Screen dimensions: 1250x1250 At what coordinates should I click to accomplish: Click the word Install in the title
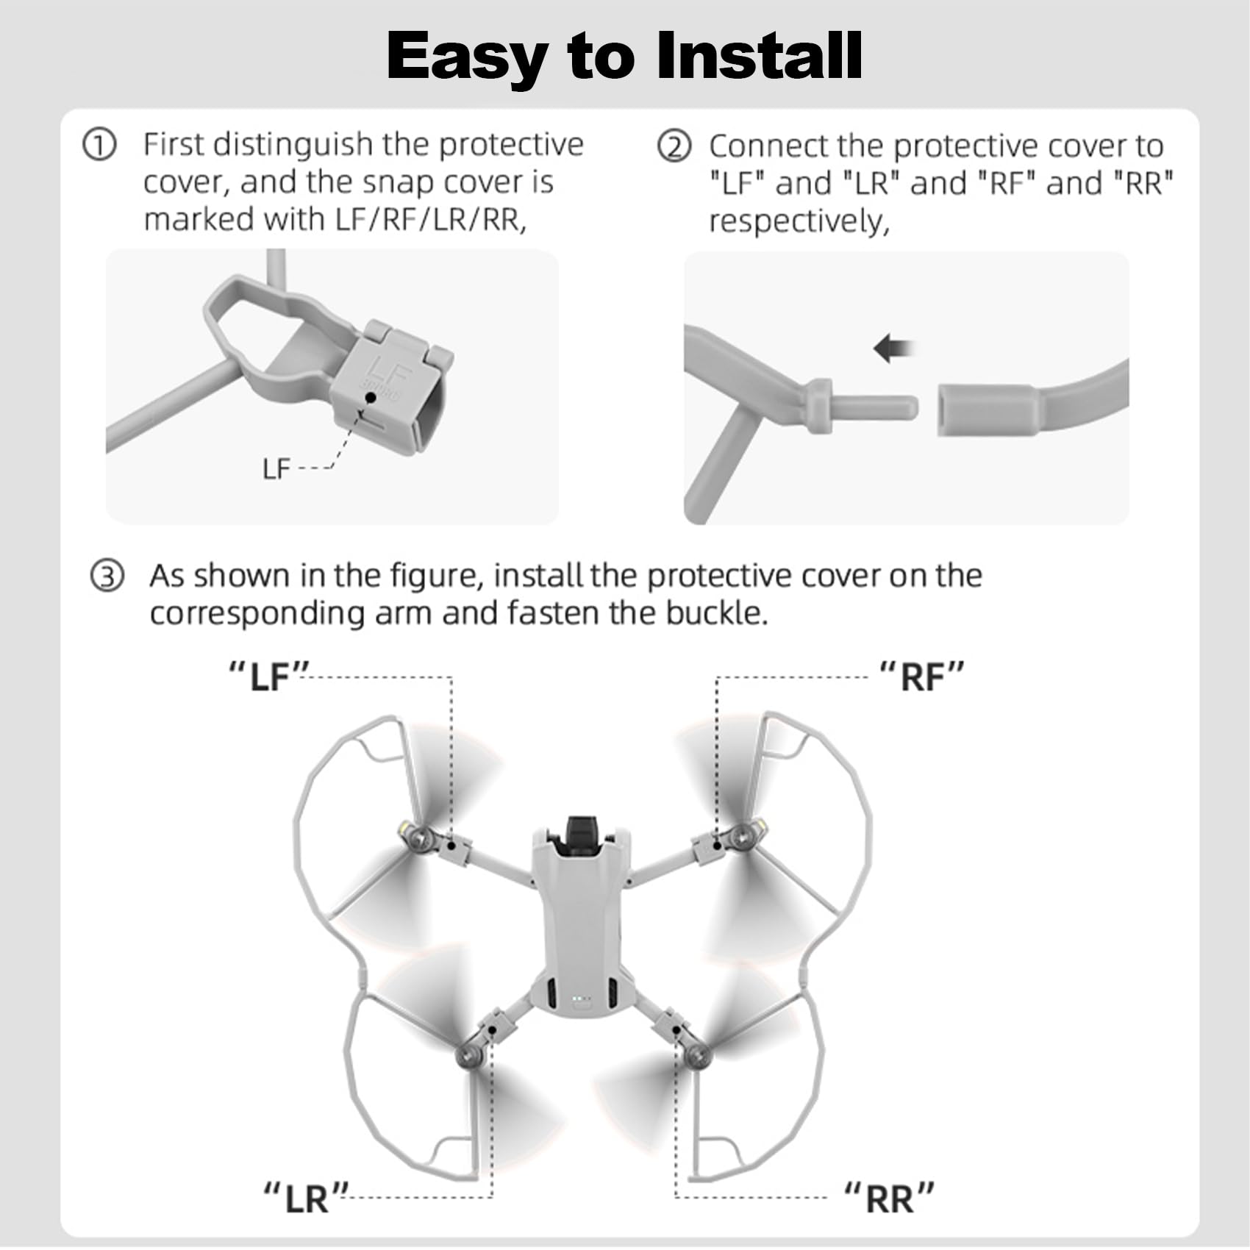(x=759, y=56)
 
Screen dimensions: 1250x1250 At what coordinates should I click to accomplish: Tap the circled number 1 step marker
(x=99, y=145)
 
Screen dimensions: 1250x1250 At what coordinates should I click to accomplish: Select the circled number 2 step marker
(x=674, y=146)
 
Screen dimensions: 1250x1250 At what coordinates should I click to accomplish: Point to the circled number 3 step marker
(x=107, y=576)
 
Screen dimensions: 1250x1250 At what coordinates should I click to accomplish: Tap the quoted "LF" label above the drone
(x=268, y=676)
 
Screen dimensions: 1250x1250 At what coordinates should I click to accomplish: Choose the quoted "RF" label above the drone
(x=922, y=676)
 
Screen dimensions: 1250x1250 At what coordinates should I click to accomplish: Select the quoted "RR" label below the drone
(x=890, y=1198)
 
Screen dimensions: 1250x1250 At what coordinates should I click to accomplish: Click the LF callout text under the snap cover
(x=276, y=468)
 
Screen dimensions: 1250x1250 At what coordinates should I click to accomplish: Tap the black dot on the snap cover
(x=371, y=397)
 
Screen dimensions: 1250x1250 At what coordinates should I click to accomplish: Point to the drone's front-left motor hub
(x=421, y=837)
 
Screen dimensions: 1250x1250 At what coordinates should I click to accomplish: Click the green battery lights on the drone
(x=581, y=999)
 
